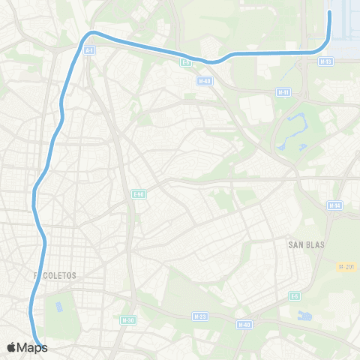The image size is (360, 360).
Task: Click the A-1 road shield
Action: [89, 50]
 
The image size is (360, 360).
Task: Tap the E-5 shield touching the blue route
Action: [185, 62]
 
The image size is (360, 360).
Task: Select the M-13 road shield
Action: [325, 61]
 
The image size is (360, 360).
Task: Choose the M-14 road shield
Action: [335, 205]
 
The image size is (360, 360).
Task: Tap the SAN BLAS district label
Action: [304, 244]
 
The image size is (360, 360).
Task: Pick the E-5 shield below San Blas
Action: [295, 296]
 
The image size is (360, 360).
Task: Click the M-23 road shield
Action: [199, 316]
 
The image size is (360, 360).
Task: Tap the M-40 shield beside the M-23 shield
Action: [244, 325]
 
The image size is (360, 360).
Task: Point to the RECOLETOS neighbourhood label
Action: [56, 275]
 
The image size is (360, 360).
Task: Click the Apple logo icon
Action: [12, 347]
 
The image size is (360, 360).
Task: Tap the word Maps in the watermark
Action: [33, 347]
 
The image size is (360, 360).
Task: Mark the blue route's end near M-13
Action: [331, 13]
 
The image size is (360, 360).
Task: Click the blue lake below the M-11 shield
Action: [292, 127]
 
